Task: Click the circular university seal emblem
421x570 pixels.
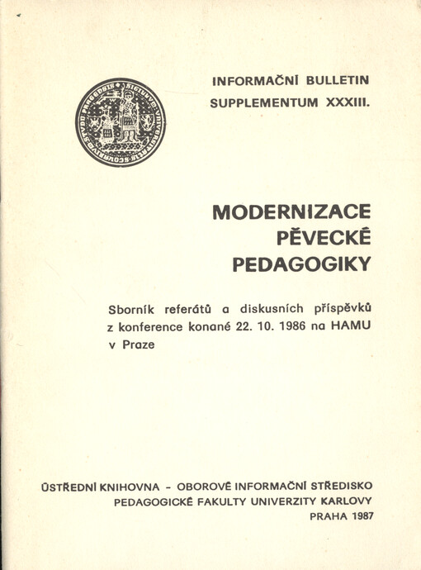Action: [120, 122]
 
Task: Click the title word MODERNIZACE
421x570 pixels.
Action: [291, 211]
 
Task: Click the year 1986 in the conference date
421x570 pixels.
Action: [302, 328]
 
